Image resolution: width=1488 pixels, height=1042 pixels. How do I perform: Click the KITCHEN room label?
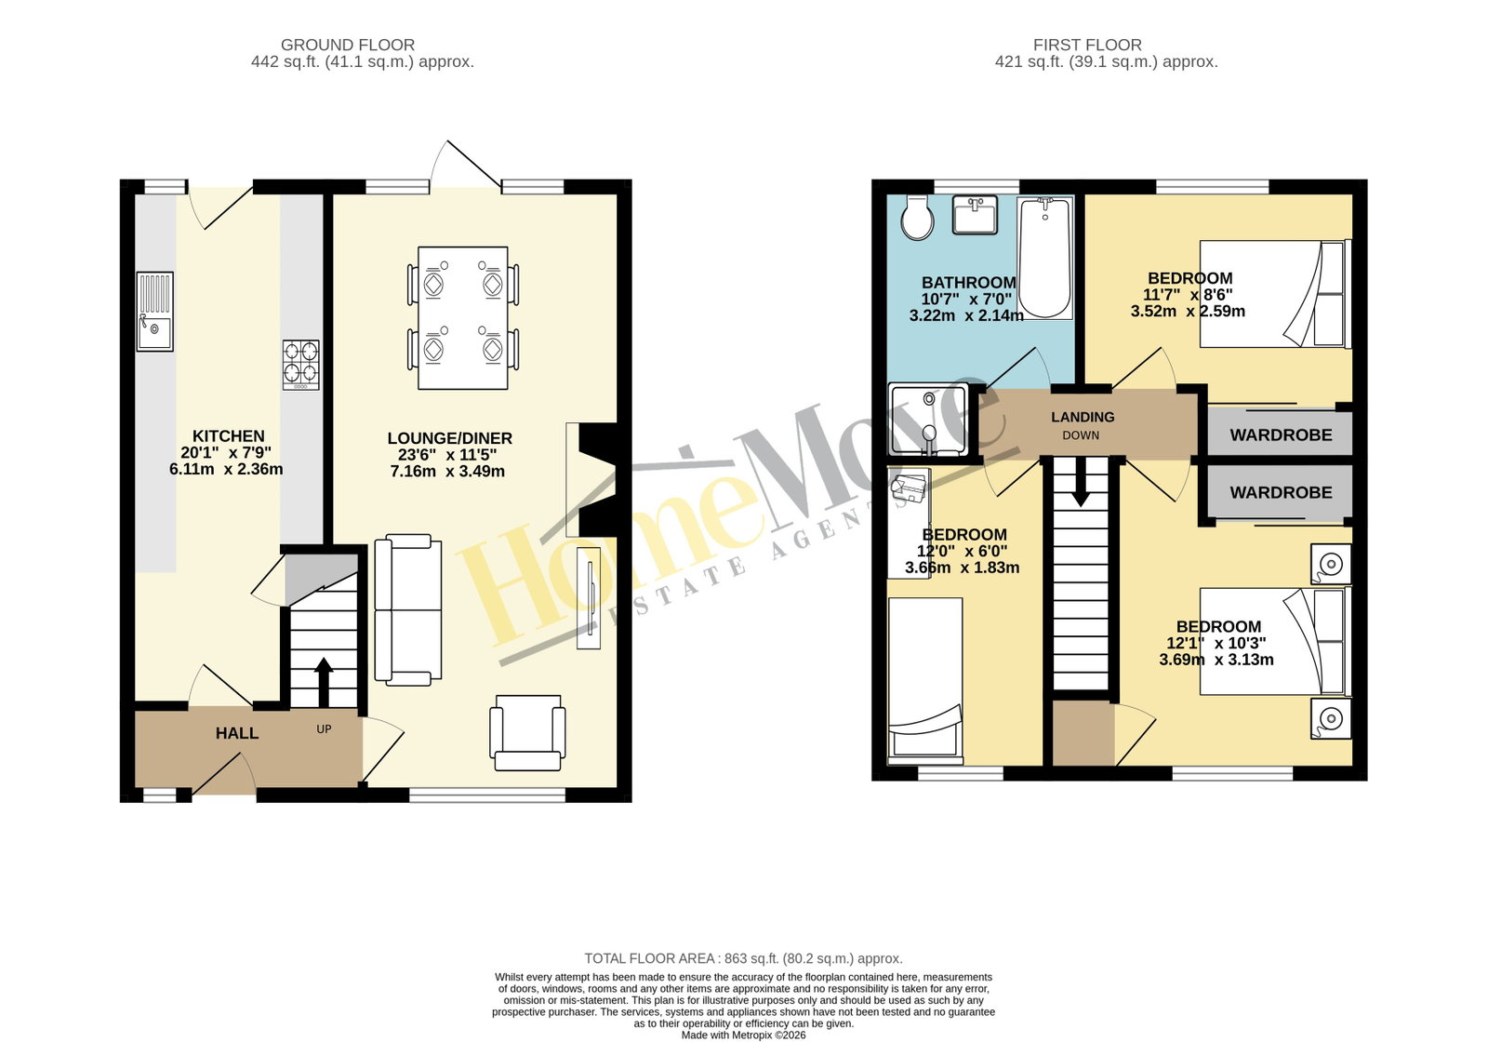click(x=229, y=436)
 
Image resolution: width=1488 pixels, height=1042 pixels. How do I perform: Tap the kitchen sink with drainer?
click(x=154, y=311)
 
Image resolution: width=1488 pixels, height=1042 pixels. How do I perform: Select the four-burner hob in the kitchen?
click(x=301, y=365)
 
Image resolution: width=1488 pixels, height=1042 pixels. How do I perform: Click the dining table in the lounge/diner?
click(x=463, y=317)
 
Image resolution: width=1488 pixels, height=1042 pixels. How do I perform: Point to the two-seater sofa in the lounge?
click(x=408, y=609)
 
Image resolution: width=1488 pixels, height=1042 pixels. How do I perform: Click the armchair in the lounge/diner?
click(x=527, y=732)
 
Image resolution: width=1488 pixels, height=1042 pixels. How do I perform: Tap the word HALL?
click(x=237, y=733)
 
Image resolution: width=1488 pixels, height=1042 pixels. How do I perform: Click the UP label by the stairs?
click(x=324, y=729)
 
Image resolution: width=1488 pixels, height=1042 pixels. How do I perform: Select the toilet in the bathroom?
click(x=917, y=218)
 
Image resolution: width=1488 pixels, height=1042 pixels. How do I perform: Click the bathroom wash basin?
click(x=975, y=215)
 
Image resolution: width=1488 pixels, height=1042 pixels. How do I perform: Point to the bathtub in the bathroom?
click(x=1045, y=259)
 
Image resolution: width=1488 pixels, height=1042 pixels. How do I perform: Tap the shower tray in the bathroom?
click(x=929, y=420)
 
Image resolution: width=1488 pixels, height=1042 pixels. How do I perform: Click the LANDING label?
click(x=1083, y=417)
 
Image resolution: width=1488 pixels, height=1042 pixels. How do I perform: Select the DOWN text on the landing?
click(x=1081, y=435)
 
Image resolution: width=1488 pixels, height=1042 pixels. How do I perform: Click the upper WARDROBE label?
click(x=1281, y=435)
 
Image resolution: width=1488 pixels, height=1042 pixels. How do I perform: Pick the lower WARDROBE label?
click(x=1281, y=492)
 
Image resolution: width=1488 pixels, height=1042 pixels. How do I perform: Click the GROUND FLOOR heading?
click(x=348, y=45)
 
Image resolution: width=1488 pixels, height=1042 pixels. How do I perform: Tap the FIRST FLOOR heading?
click(x=1087, y=45)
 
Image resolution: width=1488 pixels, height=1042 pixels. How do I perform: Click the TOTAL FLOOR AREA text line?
click(x=743, y=958)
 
